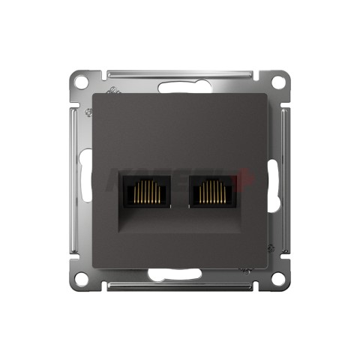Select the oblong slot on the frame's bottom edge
click(x=180, y=275)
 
